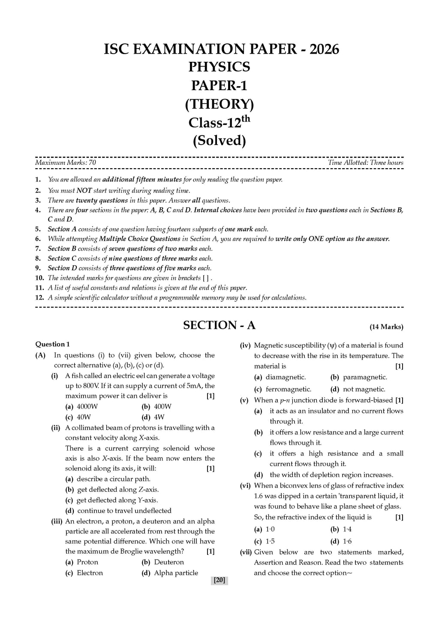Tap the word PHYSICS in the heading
coord(219,67)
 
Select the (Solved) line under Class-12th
coord(219,141)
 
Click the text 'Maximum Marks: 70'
coord(66,163)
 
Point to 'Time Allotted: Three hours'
coord(365,163)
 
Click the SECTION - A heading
coord(219,325)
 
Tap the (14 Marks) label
coord(386,327)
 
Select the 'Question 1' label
coord(52,344)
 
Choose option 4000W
coord(87,406)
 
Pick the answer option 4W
coord(159,417)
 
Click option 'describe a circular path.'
coord(113,479)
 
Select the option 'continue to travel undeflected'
coord(124,511)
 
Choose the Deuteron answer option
coord(168,562)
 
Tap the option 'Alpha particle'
coord(176,573)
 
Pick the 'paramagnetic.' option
coord(364,377)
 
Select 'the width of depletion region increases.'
coord(331,475)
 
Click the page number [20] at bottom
coord(219,580)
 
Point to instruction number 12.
coord(38,298)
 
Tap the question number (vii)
coord(246,552)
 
